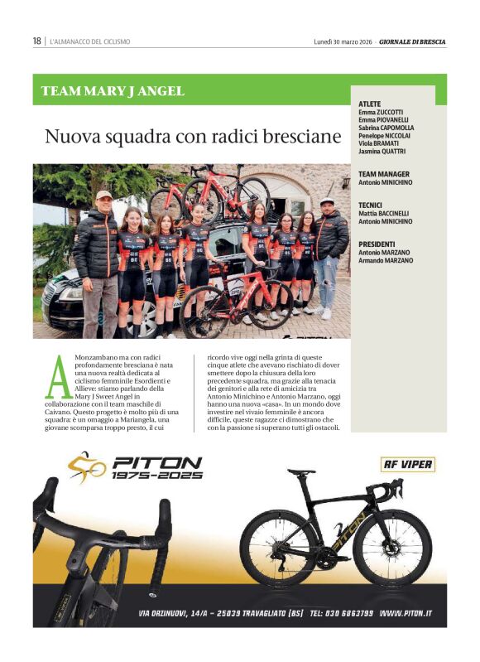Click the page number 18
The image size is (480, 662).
click(x=36, y=41)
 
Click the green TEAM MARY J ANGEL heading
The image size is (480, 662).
click(x=113, y=91)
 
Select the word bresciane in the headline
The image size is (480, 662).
click(x=294, y=137)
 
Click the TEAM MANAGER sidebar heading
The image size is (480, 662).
click(x=384, y=174)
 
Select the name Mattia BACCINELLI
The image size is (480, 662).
click(x=385, y=213)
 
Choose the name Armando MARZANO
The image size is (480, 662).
click(x=386, y=260)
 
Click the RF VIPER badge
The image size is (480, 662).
click(x=407, y=464)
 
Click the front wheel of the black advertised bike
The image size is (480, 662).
click(x=392, y=548)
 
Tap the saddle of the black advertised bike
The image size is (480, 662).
click(x=301, y=471)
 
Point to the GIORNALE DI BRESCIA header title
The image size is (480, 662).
click(x=413, y=41)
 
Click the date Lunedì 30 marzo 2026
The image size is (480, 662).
click(x=343, y=41)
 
